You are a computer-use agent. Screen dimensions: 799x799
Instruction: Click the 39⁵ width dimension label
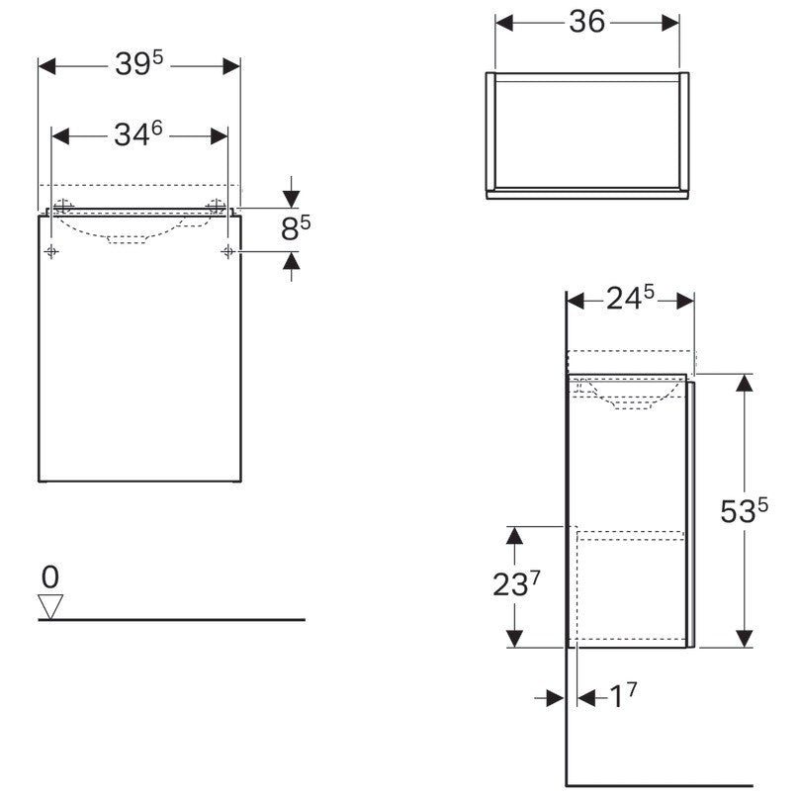(x=139, y=63)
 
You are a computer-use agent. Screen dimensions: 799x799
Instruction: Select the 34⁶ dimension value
(x=138, y=134)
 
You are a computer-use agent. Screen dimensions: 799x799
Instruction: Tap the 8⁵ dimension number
(x=296, y=227)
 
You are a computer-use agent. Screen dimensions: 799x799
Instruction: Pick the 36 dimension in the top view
(x=587, y=22)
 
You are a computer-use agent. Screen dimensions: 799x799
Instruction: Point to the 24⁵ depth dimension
(x=630, y=298)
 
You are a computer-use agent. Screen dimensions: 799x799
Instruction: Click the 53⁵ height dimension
(x=744, y=510)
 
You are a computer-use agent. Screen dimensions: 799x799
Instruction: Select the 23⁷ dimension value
(x=516, y=583)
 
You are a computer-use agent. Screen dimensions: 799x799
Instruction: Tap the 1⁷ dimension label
(x=623, y=695)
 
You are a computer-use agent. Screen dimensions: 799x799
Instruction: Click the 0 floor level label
(x=49, y=577)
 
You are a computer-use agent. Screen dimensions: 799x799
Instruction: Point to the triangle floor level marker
(x=50, y=606)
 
